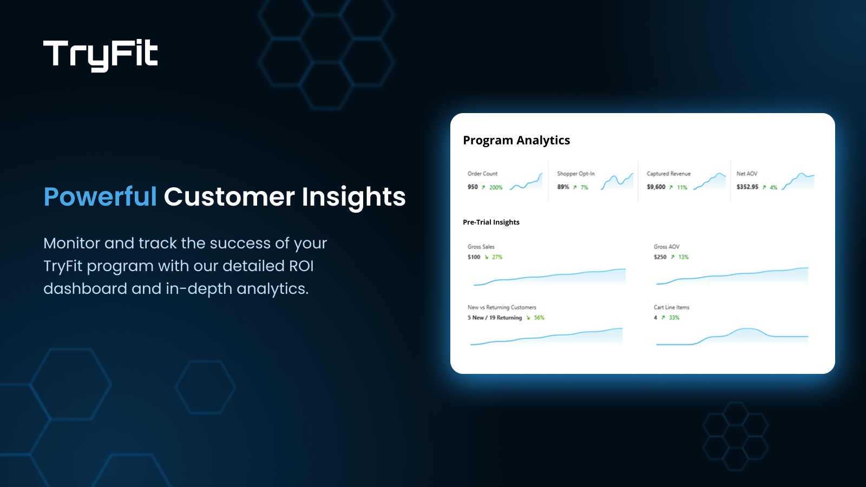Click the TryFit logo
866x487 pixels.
tap(101, 55)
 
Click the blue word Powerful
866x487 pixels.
tap(100, 196)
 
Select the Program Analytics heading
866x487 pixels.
tap(516, 140)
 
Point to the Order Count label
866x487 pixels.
tap(482, 174)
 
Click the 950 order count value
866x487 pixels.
tap(473, 187)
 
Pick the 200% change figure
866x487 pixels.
tap(496, 188)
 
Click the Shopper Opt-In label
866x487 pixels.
tap(576, 174)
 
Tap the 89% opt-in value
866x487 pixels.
tap(563, 187)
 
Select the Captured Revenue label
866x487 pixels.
tap(668, 174)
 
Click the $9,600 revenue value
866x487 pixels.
tap(656, 187)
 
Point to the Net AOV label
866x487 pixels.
tap(747, 174)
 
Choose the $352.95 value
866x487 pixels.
tap(747, 187)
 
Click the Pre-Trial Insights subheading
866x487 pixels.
tap(491, 222)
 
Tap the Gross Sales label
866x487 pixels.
tap(481, 247)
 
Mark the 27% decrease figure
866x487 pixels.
tap(497, 258)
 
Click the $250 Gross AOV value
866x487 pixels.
tap(660, 258)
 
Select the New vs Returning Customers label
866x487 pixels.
tap(502, 307)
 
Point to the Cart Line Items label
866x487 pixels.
tap(671, 307)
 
